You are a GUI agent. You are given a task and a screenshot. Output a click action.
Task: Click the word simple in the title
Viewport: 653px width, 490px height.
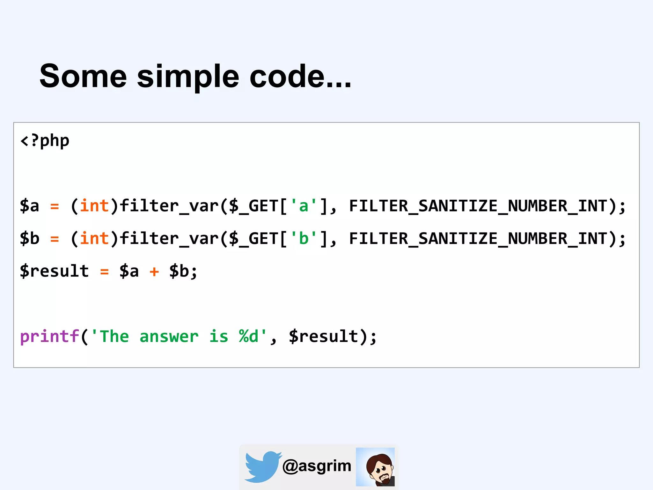tap(188, 77)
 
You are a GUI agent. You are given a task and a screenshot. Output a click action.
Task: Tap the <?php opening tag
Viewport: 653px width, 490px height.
tap(45, 141)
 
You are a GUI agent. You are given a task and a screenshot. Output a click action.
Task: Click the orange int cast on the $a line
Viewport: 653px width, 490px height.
tap(94, 206)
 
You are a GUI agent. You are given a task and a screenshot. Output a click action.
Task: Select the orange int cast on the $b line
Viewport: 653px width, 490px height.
tap(94, 239)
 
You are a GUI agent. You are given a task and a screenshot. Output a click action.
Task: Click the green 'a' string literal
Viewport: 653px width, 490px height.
tap(304, 206)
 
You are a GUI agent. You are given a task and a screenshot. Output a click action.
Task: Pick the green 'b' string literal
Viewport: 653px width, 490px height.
tap(304, 239)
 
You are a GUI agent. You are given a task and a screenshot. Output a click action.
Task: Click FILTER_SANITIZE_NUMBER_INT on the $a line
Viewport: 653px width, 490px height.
tap(478, 206)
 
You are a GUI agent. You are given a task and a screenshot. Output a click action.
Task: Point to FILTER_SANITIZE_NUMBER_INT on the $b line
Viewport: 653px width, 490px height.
tap(478, 239)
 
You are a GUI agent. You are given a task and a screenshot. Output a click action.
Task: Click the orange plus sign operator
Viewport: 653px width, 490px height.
tap(154, 272)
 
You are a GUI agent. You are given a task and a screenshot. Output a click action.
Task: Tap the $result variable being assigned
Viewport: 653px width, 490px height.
tap(54, 271)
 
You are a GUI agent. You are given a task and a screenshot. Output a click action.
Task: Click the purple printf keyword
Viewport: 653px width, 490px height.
tap(49, 337)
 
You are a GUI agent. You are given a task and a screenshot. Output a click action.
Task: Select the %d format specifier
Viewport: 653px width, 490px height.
tap(249, 337)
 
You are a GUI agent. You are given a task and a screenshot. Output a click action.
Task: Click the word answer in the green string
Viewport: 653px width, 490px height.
tap(169, 337)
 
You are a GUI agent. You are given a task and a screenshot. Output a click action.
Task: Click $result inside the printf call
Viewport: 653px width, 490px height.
tap(324, 337)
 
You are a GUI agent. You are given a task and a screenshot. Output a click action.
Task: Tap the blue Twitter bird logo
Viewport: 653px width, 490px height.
tap(262, 466)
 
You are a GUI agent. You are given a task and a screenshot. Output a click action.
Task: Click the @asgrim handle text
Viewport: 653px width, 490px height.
tap(317, 466)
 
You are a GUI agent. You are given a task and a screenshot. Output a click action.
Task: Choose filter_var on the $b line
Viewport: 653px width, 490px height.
tap(169, 239)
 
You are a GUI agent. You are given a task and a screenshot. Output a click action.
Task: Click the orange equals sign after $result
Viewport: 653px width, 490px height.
tap(105, 272)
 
